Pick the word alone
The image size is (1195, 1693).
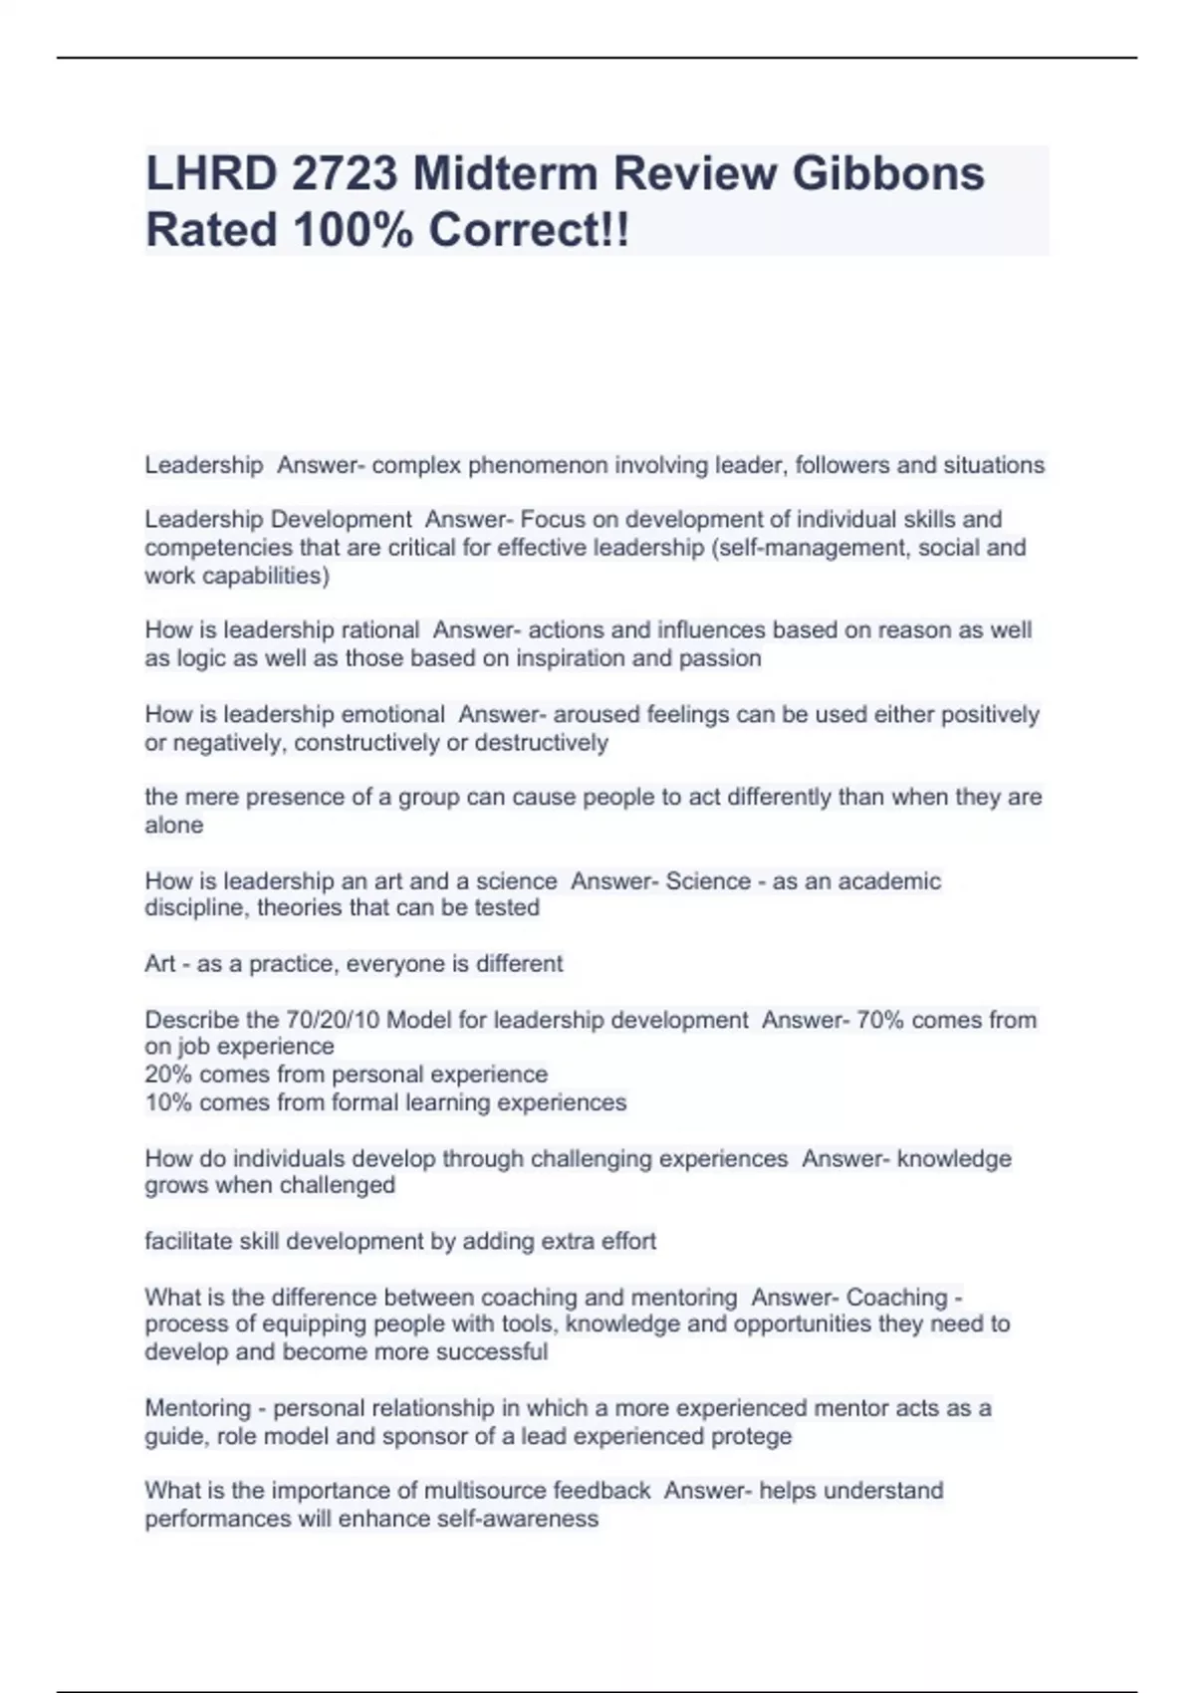click(174, 826)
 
